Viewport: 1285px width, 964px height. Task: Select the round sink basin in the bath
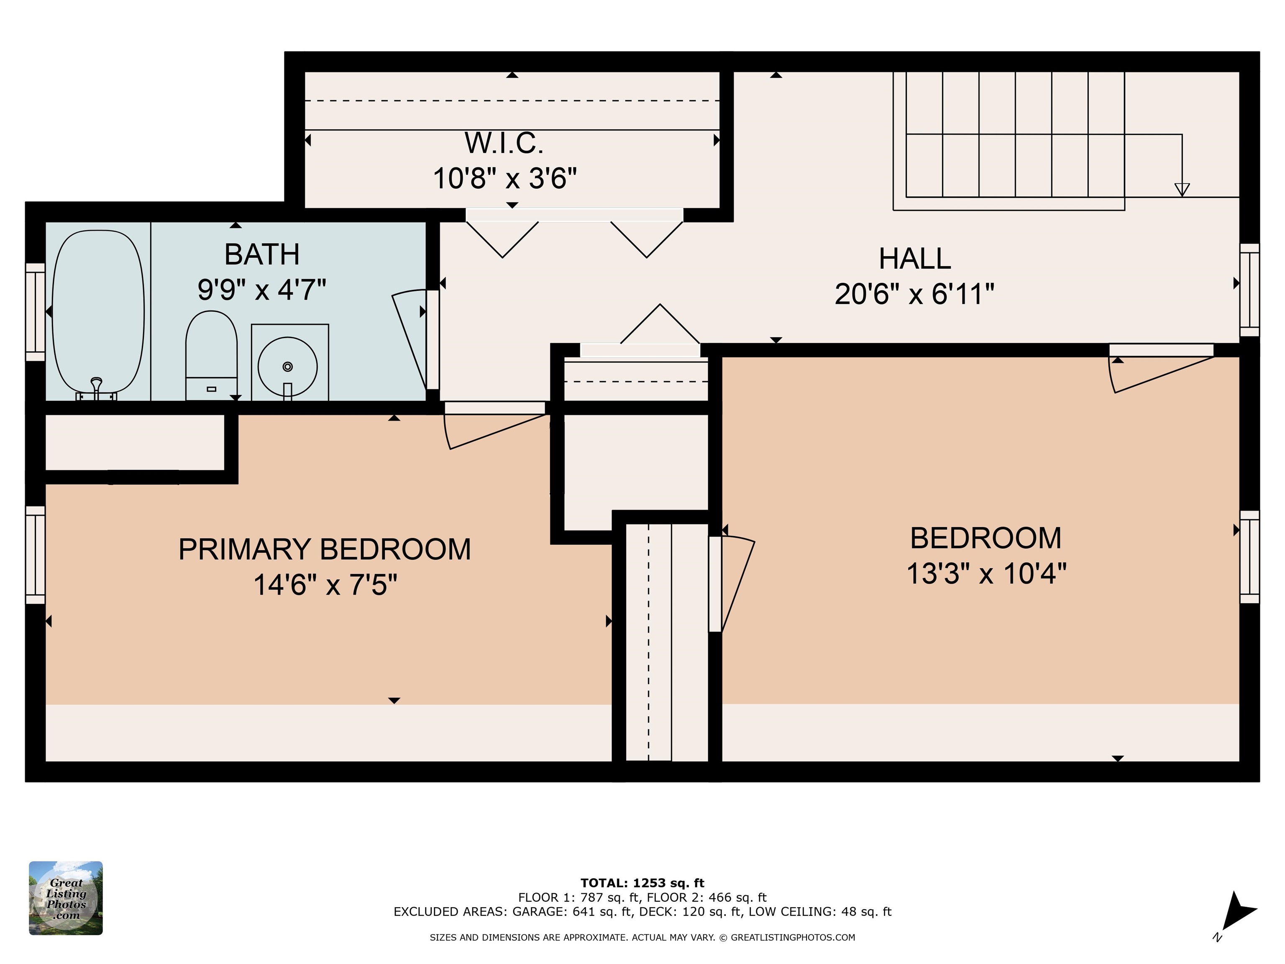[x=287, y=367]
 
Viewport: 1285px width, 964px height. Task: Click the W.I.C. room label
[x=504, y=143]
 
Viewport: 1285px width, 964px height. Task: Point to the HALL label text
[x=915, y=259]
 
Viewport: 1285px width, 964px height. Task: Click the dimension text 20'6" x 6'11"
[x=914, y=294]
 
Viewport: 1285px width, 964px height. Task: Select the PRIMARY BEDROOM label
[x=324, y=549]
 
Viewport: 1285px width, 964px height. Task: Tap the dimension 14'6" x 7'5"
[x=325, y=585]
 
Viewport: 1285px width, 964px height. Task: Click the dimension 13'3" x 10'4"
[x=986, y=573]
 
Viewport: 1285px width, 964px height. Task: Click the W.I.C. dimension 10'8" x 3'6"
[x=505, y=178]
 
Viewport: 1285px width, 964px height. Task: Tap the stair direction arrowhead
[x=1182, y=190]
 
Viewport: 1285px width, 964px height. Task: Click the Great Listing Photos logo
[x=66, y=898]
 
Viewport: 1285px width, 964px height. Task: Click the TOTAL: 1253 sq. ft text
[x=642, y=883]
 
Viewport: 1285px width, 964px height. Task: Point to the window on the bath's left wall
[x=36, y=312]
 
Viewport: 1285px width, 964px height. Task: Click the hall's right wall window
[x=1249, y=290]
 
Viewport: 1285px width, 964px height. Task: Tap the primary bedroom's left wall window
[x=36, y=555]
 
